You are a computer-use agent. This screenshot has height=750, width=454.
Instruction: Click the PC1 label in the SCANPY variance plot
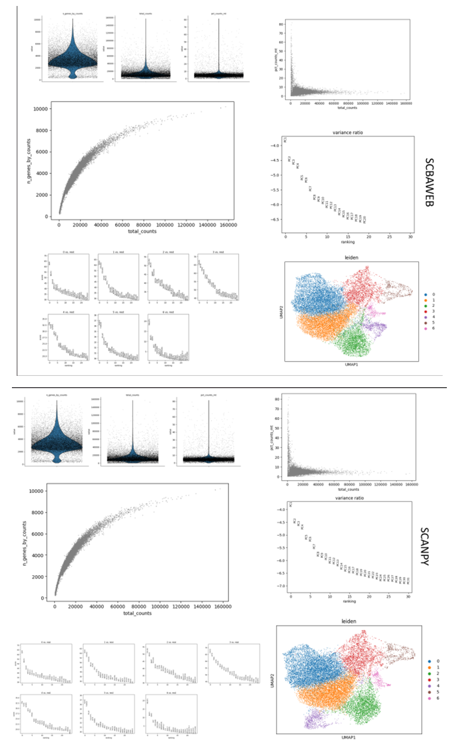click(x=291, y=505)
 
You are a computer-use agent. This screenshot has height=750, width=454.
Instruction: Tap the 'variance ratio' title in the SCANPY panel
click(x=350, y=498)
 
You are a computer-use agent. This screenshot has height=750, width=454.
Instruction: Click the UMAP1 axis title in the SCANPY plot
click(x=350, y=739)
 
